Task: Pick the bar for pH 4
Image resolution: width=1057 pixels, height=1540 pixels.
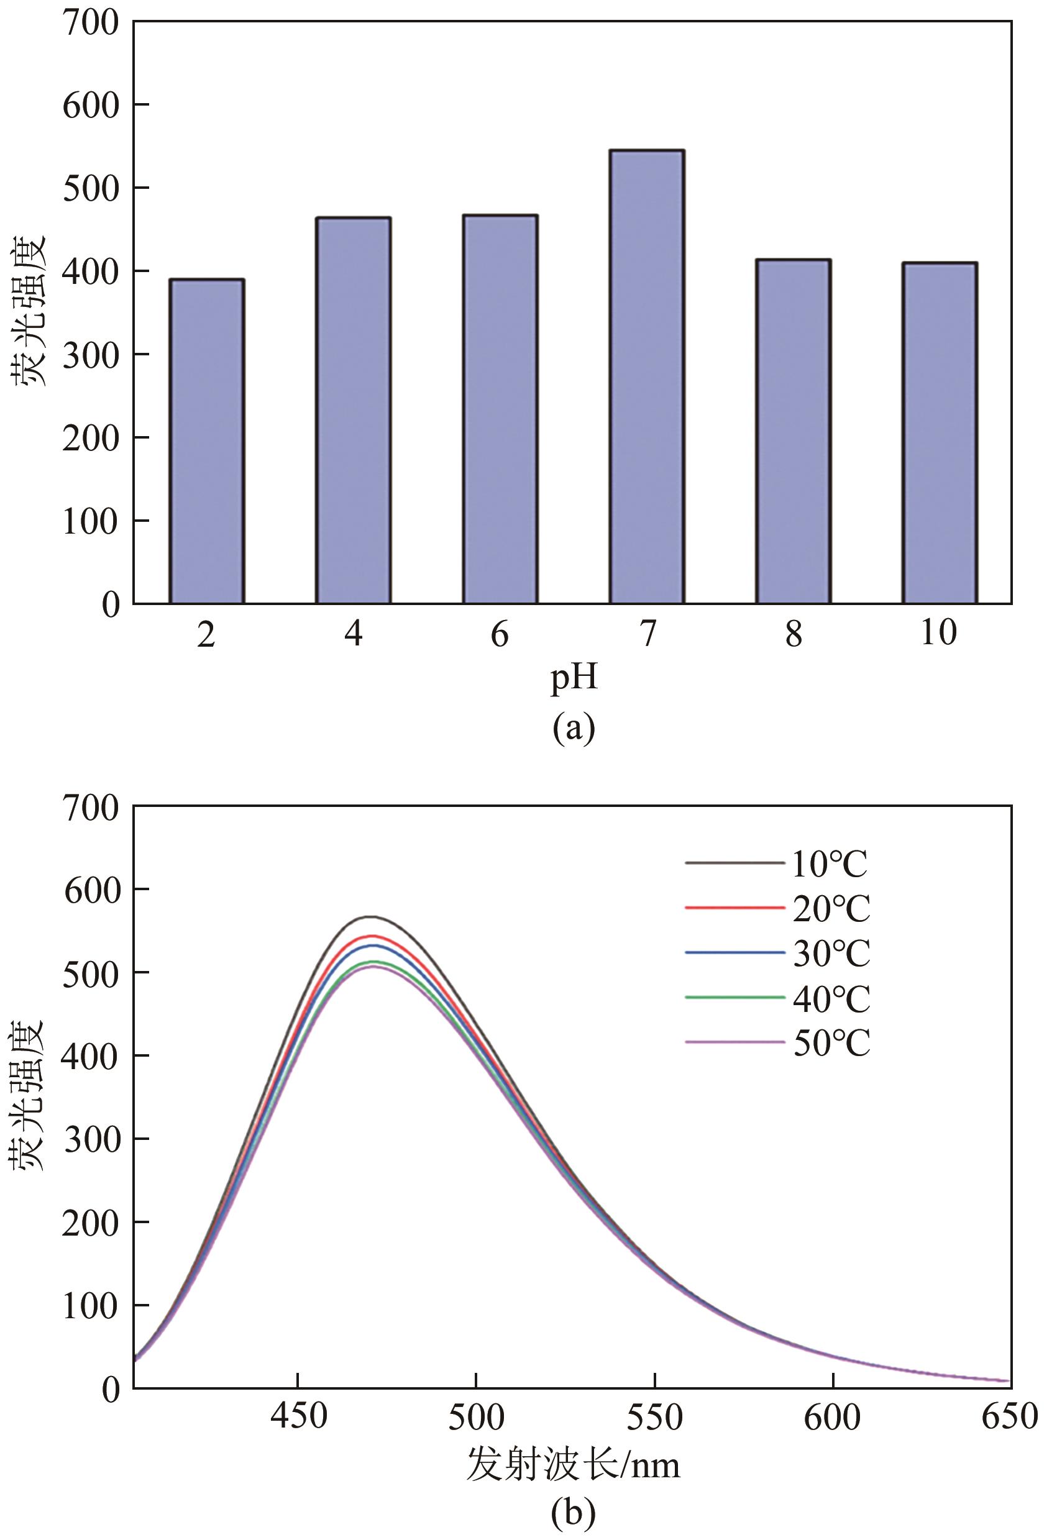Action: (x=353, y=410)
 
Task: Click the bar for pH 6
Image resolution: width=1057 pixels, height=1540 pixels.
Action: (x=500, y=409)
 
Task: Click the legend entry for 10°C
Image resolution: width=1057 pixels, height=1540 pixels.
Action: (x=829, y=863)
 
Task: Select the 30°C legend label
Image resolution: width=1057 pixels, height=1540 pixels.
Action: (x=831, y=954)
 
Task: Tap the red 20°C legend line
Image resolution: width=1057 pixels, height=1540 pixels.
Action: (x=734, y=908)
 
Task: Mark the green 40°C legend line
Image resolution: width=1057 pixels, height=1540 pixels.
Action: (x=734, y=997)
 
